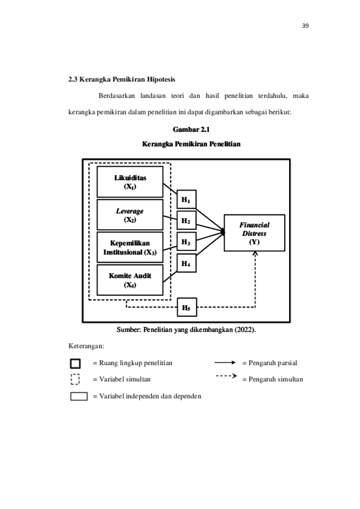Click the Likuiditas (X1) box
point(130,182)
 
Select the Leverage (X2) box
point(130,215)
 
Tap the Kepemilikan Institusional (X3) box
point(130,248)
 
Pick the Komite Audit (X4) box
point(130,280)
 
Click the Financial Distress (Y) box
point(254,233)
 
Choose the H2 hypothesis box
point(186,222)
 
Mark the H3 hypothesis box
point(186,243)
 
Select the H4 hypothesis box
point(186,264)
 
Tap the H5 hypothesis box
point(187,307)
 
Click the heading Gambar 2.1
point(191,130)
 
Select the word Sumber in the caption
point(128,330)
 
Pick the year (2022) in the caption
point(244,330)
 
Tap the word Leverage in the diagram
point(130,212)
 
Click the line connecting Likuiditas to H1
point(170,189)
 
